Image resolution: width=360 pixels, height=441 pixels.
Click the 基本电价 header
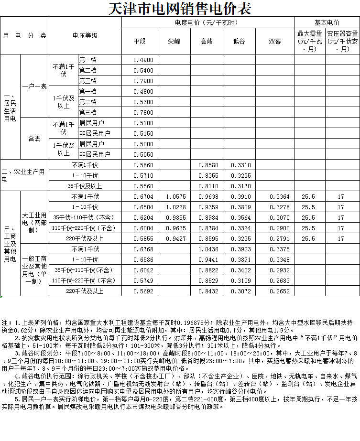(x=327, y=22)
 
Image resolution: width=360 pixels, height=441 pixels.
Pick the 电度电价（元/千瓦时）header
(x=207, y=22)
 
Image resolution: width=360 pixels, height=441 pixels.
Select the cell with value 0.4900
(x=143, y=60)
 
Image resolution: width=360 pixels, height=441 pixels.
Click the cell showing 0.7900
(x=143, y=81)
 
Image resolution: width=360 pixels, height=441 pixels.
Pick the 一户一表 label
(x=34, y=86)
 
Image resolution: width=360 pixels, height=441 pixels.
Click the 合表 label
(x=34, y=139)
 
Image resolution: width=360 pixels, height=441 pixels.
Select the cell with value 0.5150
(x=143, y=134)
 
